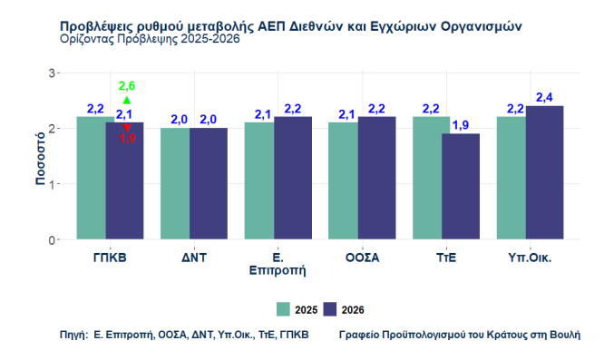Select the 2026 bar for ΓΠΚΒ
125,181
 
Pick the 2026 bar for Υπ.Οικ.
544,173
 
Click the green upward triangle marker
127,100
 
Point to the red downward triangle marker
127,129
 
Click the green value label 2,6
127,86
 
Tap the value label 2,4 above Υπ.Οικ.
544,97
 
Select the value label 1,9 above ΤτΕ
461,125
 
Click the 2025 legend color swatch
284,309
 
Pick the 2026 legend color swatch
330,309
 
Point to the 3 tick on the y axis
52,73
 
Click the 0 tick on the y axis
52,240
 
